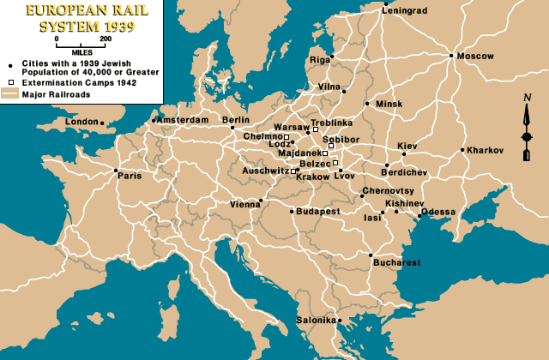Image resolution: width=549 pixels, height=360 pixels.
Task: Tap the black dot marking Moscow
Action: point(451,56)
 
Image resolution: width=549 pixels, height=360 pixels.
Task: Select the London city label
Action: point(81,122)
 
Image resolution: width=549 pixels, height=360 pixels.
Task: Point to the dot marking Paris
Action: point(116,171)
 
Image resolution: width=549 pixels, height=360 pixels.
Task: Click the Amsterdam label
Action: point(184,120)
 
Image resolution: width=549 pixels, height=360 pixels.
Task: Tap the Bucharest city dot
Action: point(371,255)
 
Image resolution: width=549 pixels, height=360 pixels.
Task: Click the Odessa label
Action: point(439,212)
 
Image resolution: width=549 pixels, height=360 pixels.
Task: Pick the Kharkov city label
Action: point(486,150)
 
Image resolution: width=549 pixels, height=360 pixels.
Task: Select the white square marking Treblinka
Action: point(327,129)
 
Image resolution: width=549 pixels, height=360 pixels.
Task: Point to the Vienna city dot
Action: point(261,203)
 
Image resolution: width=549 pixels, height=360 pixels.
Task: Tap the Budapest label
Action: point(319,211)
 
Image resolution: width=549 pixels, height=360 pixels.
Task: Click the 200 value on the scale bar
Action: point(105,39)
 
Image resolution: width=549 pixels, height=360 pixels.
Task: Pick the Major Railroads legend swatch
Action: point(10,94)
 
